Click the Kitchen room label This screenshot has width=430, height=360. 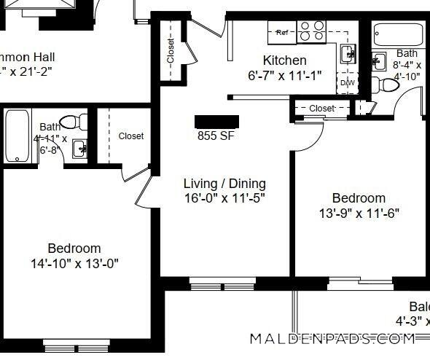(284, 60)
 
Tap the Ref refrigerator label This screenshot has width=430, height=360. (281, 32)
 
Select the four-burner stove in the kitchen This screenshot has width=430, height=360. (314, 30)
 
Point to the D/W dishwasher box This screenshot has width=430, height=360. (348, 82)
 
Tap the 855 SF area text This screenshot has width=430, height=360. (216, 136)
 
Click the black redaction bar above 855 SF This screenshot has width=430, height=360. (216, 122)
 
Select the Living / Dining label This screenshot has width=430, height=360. (224, 184)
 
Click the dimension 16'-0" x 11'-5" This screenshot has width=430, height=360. (224, 198)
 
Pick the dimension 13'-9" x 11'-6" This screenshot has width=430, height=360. (359, 214)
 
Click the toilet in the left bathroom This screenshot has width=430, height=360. (71, 122)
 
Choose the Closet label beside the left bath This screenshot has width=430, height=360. (130, 136)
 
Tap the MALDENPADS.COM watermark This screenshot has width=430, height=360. (332, 339)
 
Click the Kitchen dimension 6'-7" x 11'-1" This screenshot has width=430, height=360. (284, 75)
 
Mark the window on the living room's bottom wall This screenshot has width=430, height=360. (212, 281)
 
